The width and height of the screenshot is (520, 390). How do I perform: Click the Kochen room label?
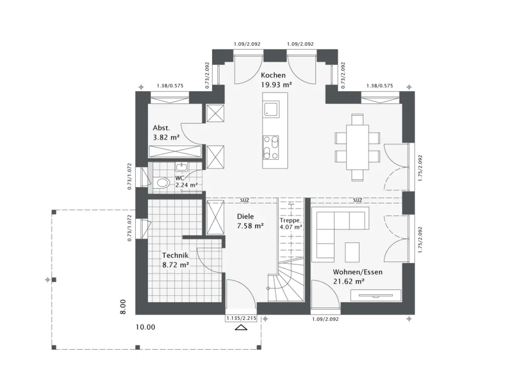coord(273,75)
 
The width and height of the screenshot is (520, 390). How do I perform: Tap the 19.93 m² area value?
coord(276,84)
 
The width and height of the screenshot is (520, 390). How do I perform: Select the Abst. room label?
coord(161,128)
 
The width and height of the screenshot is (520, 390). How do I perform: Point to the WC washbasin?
coord(182,167)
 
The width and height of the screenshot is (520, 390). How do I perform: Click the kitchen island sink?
coord(271,109)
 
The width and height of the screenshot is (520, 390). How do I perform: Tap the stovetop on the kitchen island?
coord(271,148)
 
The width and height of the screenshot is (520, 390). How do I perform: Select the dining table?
coord(357,147)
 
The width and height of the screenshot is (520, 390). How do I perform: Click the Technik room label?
coord(175,255)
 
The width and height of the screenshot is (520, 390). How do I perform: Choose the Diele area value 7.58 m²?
coord(250,226)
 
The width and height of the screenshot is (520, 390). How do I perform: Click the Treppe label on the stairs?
coord(290,220)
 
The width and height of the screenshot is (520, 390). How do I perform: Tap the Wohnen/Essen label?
coord(357,272)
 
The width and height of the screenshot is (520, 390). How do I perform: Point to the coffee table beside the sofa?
coord(352,252)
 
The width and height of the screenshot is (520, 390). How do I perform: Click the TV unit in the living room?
coord(376,295)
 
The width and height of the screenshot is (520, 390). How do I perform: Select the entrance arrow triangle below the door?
coord(241,328)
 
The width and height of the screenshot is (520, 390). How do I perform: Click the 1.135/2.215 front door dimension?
coord(241,318)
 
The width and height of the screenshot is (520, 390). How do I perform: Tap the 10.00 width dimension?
coord(145,327)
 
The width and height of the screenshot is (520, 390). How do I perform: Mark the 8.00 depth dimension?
coord(123,307)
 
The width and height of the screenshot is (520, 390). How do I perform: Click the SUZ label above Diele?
coord(244,200)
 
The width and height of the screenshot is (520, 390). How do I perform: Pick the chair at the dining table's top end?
coord(357,120)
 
